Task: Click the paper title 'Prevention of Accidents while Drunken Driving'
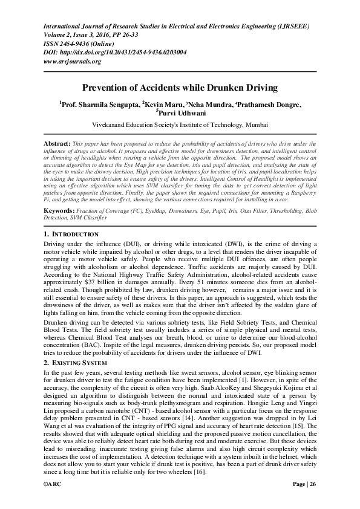(x=179, y=88)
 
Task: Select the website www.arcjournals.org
(x=72, y=62)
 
